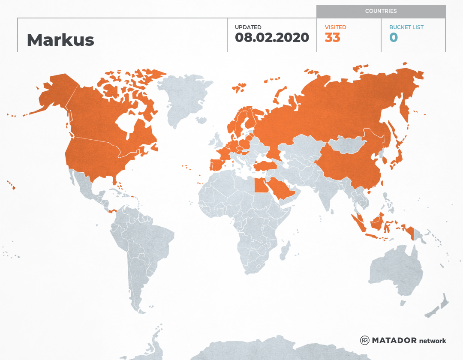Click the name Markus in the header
point(60,40)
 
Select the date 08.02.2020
point(272,37)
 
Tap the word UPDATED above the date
point(248,27)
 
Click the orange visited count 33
point(332,37)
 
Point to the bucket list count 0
point(394,37)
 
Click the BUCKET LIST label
point(406,27)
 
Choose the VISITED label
point(335,27)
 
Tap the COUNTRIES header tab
point(381,11)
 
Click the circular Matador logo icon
point(364,340)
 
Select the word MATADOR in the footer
point(394,340)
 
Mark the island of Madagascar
point(284,251)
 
